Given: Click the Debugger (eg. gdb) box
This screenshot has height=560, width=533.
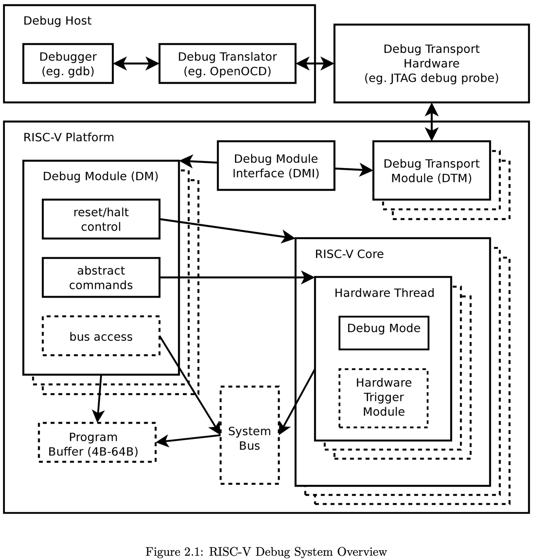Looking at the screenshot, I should [68, 64].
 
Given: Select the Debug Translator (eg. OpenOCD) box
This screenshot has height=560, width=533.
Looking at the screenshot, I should [227, 64].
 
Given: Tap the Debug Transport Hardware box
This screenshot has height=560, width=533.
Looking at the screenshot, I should [431, 63].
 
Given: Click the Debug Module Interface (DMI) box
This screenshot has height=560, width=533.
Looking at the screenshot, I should [276, 166].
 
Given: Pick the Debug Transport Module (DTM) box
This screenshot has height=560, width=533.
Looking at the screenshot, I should [431, 171].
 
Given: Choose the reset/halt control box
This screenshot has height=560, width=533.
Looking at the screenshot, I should [101, 219].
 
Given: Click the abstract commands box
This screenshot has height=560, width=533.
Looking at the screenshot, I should [101, 278].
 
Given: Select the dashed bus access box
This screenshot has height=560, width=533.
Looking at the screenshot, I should [101, 336].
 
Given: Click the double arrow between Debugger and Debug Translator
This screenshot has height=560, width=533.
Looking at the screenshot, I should [136, 64].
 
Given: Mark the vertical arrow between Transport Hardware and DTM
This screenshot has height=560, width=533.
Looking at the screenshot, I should [432, 122].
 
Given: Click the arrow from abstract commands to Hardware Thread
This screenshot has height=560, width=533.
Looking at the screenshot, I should [237, 277].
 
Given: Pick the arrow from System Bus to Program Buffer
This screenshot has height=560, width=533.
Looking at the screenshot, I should [188, 439].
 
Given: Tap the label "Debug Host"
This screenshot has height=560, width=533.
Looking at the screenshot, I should [57, 21].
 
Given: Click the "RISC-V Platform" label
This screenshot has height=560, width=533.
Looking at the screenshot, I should [68, 137].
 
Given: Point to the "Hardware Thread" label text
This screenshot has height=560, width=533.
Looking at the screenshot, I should [384, 293].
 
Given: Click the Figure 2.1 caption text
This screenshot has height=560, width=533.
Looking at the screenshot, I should [266, 552].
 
